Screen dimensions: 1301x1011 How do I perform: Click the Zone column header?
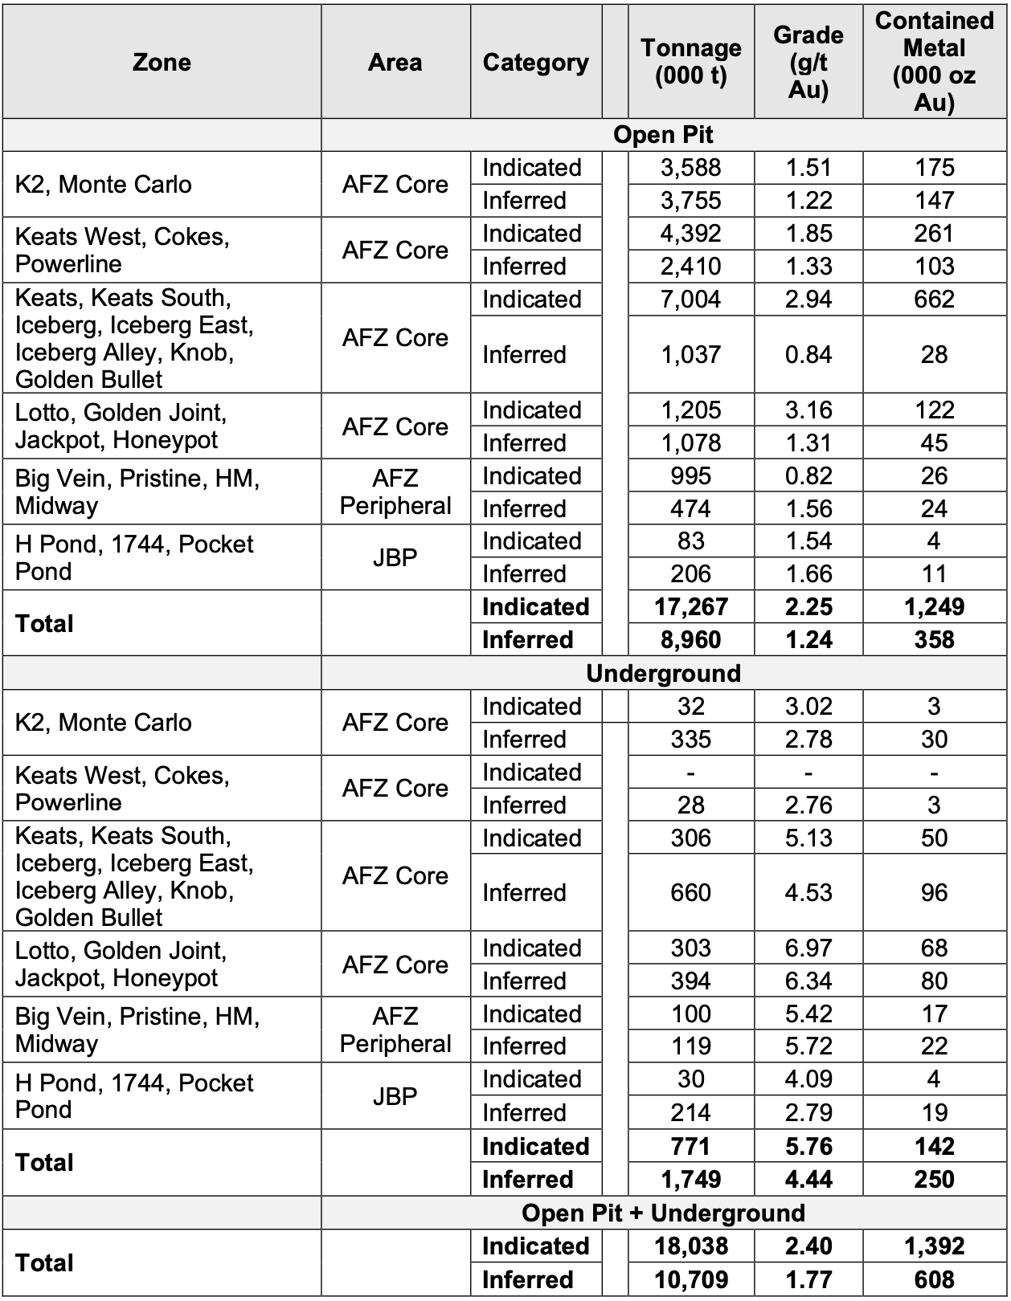162,63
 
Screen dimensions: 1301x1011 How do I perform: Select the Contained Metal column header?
934,62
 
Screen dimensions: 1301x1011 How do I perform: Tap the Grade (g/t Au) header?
808,62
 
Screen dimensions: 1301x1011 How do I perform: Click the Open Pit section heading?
663,135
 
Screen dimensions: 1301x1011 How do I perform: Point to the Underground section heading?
663,673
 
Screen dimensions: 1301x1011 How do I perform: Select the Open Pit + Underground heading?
663,1213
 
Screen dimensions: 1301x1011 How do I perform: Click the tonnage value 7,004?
690,300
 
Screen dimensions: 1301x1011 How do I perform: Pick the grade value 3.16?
808,410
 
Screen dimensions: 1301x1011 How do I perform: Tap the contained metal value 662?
934,300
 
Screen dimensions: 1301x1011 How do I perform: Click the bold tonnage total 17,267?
690,607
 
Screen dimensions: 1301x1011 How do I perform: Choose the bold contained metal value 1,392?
934,1246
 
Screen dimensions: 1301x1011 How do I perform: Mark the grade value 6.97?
808,948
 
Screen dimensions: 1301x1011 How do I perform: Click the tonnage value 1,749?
690,1180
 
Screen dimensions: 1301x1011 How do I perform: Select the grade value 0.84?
808,354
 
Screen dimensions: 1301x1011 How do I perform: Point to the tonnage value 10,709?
690,1279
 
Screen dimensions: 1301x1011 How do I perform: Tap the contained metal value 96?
934,892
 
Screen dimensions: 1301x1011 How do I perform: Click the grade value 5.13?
808,838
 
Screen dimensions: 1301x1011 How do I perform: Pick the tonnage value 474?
690,508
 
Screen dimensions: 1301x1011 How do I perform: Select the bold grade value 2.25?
808,607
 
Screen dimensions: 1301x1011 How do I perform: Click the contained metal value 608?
934,1279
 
